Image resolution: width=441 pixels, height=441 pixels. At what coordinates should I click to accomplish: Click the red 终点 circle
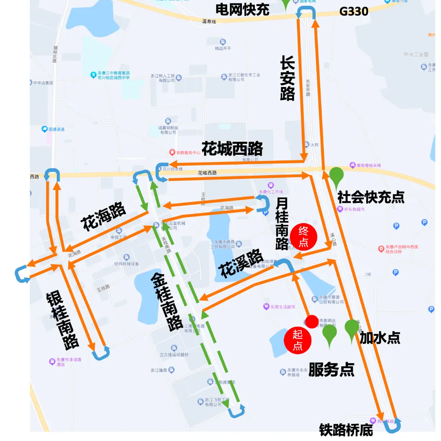(304, 236)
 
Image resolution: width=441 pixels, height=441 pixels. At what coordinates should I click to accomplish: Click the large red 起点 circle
(298, 341)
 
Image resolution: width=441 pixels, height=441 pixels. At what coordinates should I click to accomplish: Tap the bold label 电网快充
(242, 9)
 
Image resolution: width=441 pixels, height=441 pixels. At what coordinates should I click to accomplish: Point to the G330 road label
(354, 11)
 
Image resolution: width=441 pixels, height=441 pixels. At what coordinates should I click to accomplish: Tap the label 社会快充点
(371, 198)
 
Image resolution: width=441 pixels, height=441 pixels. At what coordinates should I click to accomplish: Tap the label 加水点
(380, 338)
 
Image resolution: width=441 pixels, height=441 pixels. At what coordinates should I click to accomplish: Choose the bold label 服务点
(331, 370)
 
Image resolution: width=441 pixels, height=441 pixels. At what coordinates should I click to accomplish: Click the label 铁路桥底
(346, 430)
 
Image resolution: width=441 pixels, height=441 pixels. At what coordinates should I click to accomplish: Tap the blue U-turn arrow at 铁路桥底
(393, 426)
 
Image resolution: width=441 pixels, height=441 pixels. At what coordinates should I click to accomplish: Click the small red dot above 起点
(312, 321)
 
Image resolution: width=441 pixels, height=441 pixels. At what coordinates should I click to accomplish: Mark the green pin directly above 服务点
(330, 334)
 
